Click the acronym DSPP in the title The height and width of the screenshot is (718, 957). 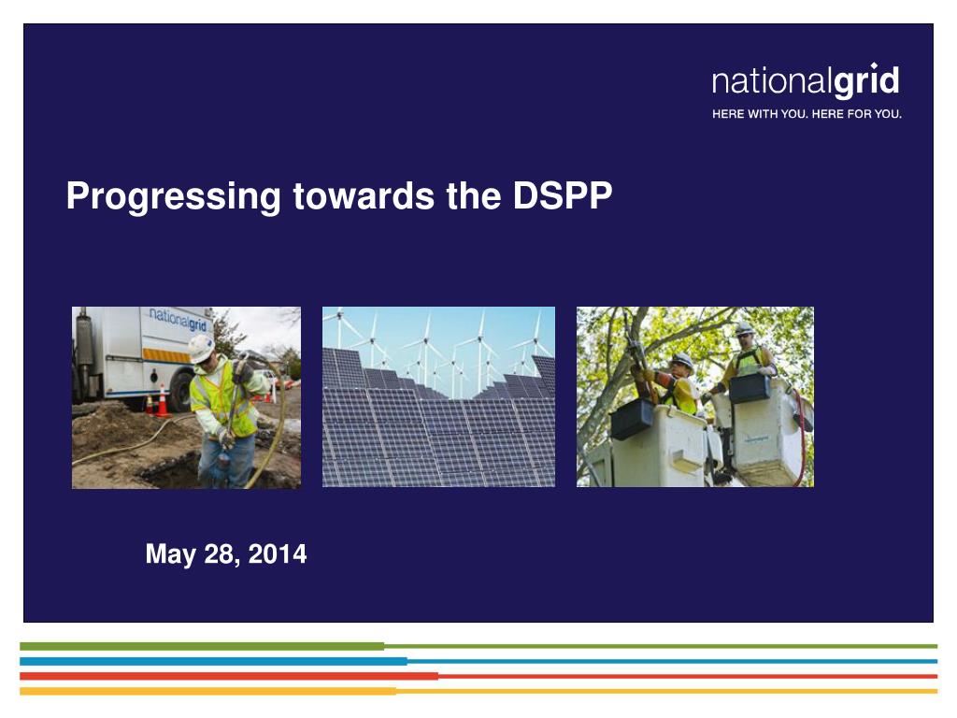(563, 195)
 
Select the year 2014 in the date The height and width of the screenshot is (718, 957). (278, 554)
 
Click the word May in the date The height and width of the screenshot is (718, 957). (170, 554)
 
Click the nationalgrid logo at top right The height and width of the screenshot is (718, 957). (805, 82)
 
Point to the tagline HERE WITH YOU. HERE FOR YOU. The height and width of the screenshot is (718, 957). (807, 114)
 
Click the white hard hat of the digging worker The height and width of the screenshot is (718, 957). (201, 347)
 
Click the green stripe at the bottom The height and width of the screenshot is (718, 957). (201, 646)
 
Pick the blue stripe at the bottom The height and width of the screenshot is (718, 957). (213, 661)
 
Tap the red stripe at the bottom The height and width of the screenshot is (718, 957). (228, 676)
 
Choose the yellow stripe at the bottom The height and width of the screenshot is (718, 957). (207, 691)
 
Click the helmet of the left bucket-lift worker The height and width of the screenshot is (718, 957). (683, 360)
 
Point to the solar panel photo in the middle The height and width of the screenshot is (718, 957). (438, 396)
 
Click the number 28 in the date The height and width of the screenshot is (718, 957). (221, 554)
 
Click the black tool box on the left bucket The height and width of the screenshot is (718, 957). (633, 418)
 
